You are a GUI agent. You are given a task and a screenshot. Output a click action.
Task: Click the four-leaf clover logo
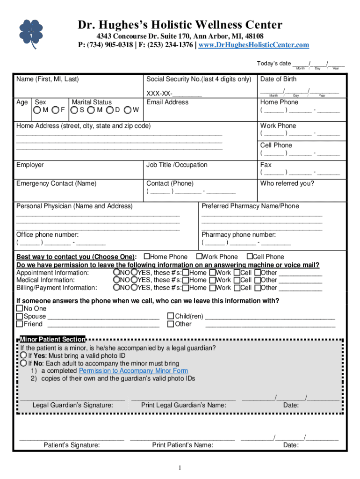[x=31, y=33]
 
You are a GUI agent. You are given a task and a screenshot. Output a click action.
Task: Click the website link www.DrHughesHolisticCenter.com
[x=254, y=45]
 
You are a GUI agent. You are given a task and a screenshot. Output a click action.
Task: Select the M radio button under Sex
[x=37, y=110]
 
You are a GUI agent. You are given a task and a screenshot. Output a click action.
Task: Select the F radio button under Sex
[x=56, y=110]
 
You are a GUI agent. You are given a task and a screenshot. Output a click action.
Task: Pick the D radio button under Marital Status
[x=110, y=110]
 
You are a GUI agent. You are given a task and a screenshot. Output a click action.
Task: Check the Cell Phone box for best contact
[x=250, y=256]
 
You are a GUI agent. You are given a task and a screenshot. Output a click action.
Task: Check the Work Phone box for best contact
[x=199, y=256]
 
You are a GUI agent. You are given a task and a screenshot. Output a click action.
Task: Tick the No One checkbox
[x=20, y=309]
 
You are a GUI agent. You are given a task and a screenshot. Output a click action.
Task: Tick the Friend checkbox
[x=20, y=324]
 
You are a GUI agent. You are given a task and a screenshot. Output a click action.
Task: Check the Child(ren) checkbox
[x=171, y=316]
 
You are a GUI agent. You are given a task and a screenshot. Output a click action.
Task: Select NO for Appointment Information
[x=116, y=273]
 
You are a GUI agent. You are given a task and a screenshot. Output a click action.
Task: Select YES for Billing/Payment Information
[x=134, y=288]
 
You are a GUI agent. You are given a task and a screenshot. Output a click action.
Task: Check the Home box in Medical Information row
[x=186, y=280]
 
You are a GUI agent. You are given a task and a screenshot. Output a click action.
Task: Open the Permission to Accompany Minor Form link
[x=130, y=371]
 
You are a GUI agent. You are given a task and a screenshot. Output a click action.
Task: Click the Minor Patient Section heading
[x=52, y=339]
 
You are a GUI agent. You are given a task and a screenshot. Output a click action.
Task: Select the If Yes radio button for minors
[x=23, y=356]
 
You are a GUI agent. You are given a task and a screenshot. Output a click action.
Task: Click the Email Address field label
[x=167, y=102]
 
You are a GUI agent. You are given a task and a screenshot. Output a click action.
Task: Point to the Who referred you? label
[x=287, y=183]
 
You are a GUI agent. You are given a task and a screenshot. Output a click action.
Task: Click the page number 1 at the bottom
[x=179, y=468]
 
